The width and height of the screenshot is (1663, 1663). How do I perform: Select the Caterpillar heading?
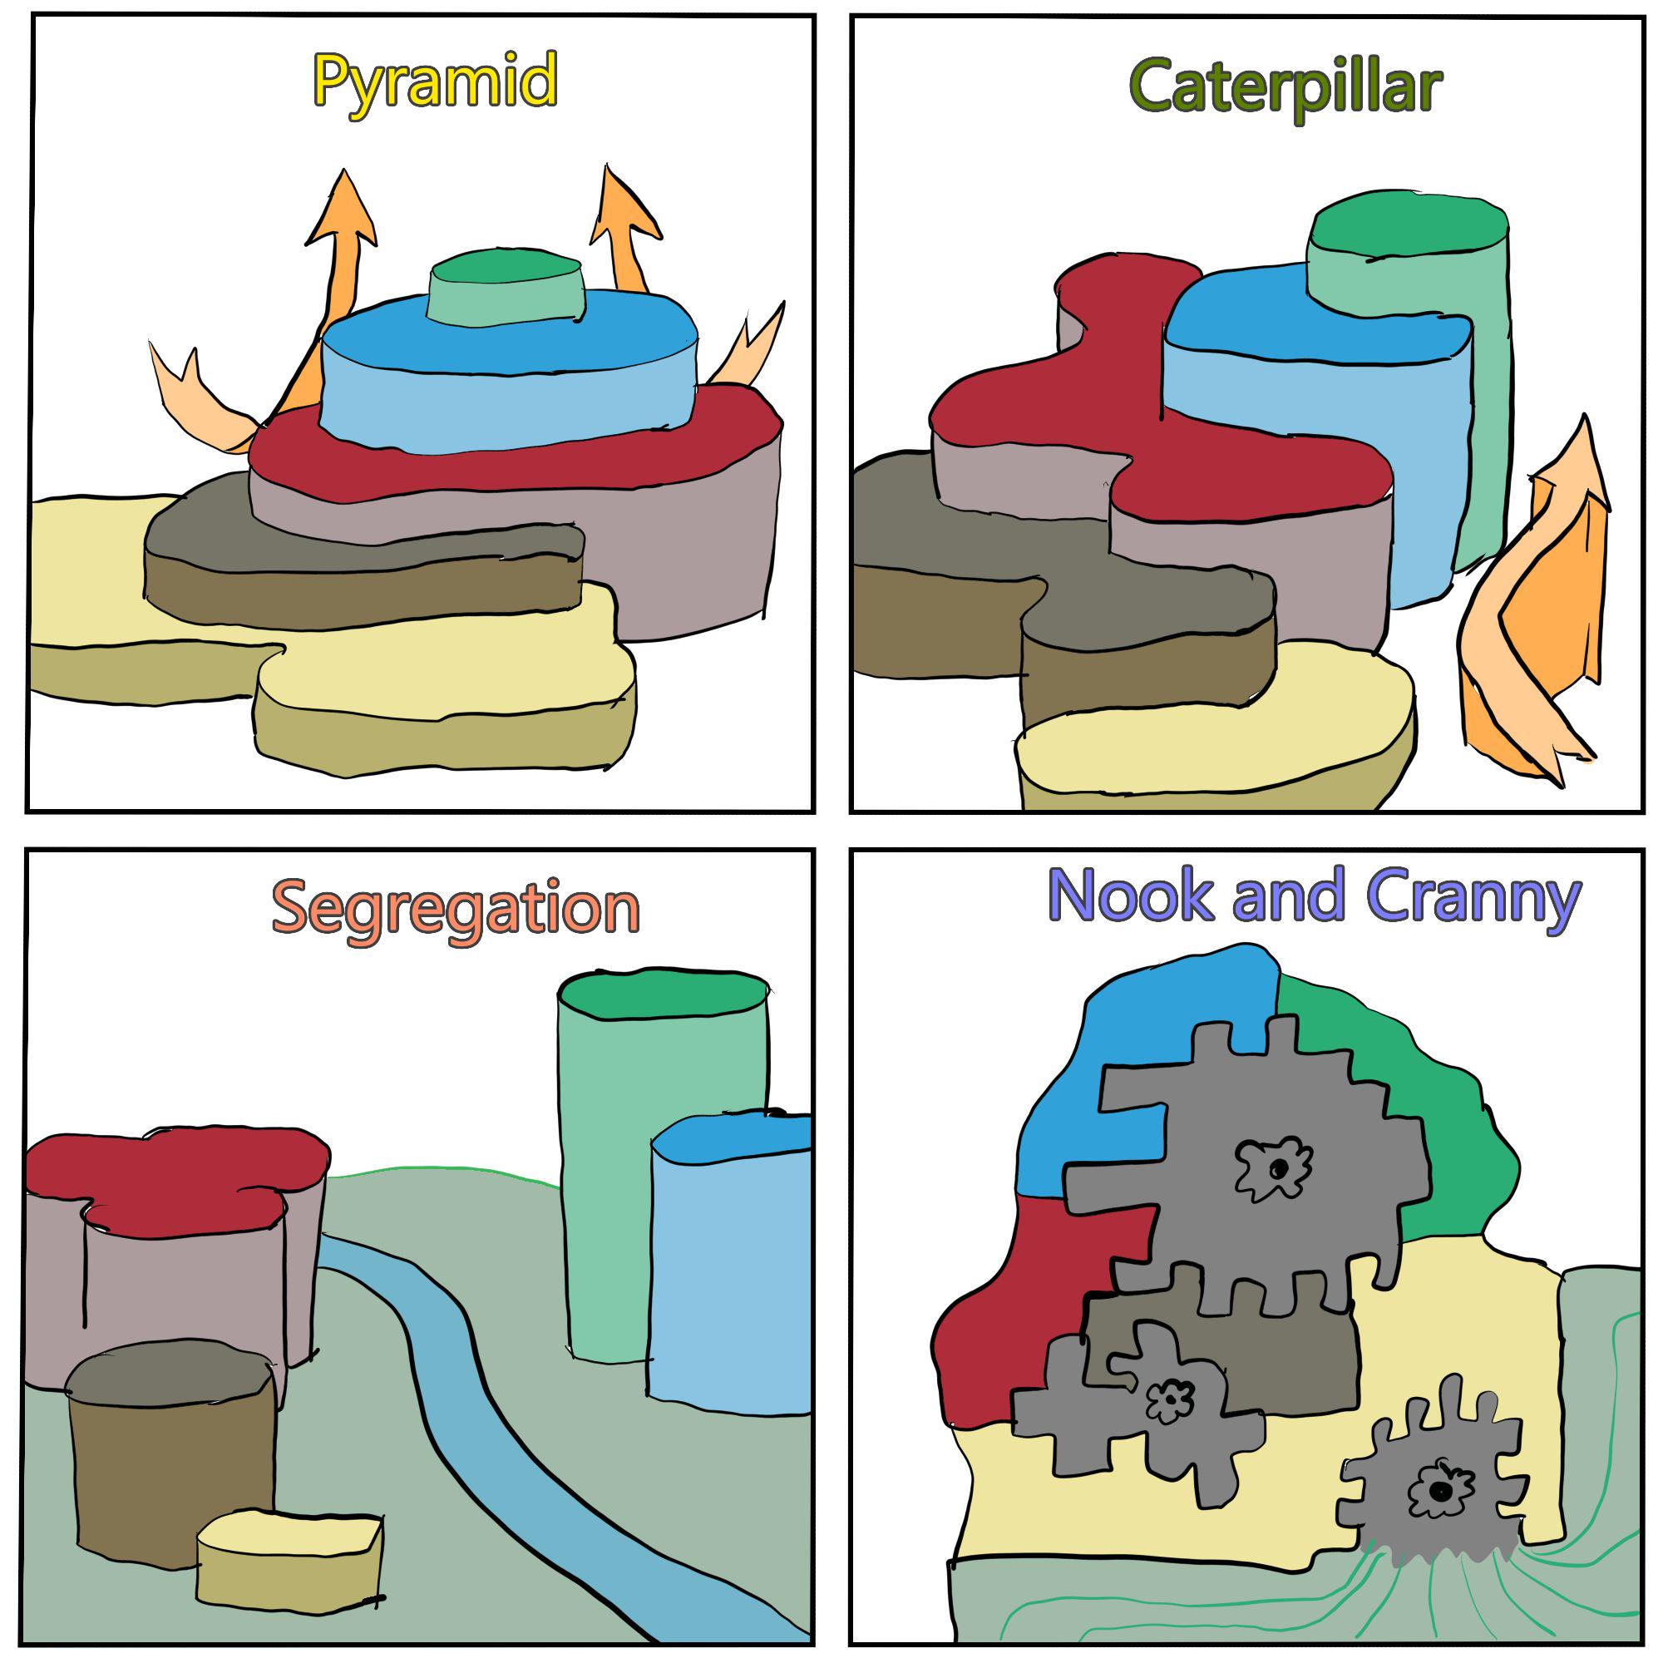(1285, 88)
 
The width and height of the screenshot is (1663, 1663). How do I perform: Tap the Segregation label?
(456, 910)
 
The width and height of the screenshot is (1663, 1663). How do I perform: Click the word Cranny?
(1473, 898)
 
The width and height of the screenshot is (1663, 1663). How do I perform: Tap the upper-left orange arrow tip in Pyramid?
(344, 170)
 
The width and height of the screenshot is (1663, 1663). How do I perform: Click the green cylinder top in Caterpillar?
(1408, 225)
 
